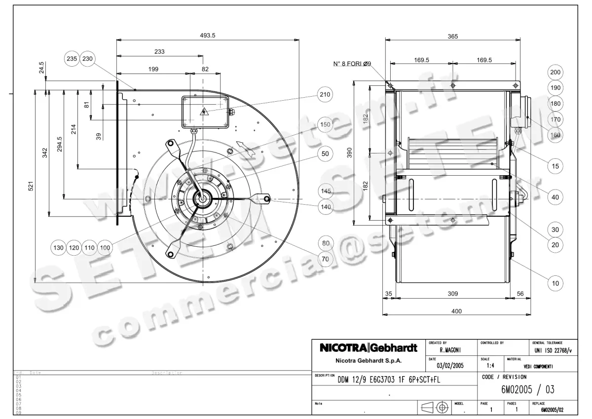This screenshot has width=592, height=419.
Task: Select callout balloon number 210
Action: click(x=325, y=95)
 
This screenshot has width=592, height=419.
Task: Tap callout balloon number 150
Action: click(x=325, y=124)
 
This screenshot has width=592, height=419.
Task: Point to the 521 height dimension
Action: click(x=30, y=186)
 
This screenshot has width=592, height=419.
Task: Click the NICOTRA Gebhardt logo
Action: click(x=369, y=347)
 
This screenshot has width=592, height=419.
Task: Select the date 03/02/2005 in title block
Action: click(x=450, y=366)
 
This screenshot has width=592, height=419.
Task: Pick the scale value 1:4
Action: click(x=490, y=366)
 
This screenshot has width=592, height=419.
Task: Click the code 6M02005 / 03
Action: click(x=528, y=389)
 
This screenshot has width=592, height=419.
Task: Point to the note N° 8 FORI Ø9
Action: click(x=352, y=64)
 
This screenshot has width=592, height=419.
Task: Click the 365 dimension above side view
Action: click(x=453, y=37)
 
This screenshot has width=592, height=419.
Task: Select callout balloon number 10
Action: click(x=555, y=283)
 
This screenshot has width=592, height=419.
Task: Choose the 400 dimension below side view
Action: click(x=456, y=311)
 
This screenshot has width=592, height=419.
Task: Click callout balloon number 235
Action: click(x=72, y=59)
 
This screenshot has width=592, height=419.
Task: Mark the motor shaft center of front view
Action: click(x=203, y=198)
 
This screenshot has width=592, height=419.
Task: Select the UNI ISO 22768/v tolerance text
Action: click(x=553, y=350)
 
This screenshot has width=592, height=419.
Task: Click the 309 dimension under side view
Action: click(x=452, y=294)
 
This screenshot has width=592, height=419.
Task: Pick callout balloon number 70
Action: click(x=326, y=259)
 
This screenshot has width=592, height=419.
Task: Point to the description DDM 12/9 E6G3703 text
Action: click(x=388, y=380)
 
